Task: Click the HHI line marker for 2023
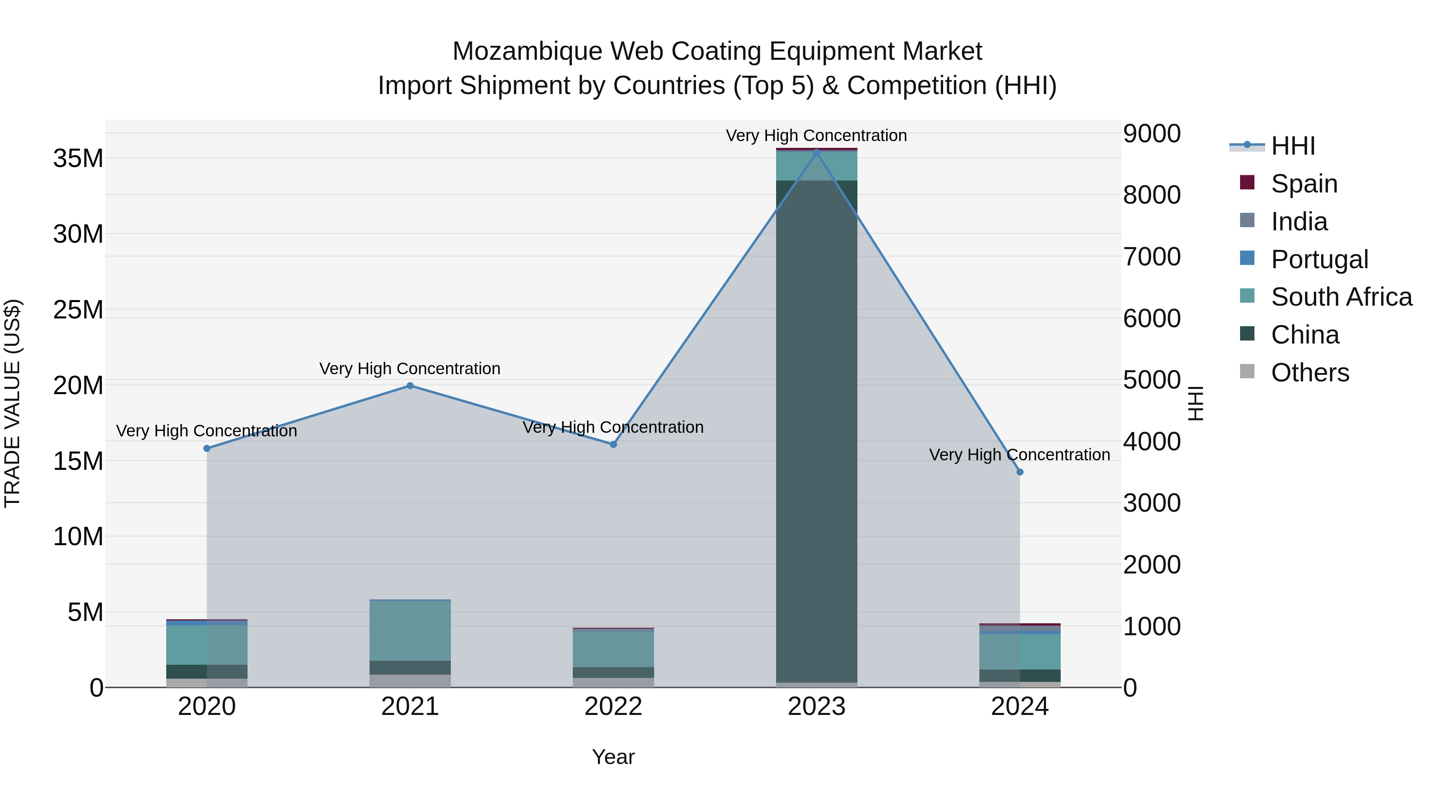point(817,152)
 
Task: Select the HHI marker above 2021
point(410,385)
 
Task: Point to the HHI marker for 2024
point(1020,472)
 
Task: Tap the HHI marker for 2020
point(206,448)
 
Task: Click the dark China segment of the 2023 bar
point(817,434)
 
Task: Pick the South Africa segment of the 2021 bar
point(410,630)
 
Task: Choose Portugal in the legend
point(1319,259)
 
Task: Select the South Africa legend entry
point(1341,297)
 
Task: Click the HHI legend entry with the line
point(1292,146)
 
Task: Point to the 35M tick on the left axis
point(78,159)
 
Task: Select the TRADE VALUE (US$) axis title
point(12,403)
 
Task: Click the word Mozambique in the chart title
point(527,51)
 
